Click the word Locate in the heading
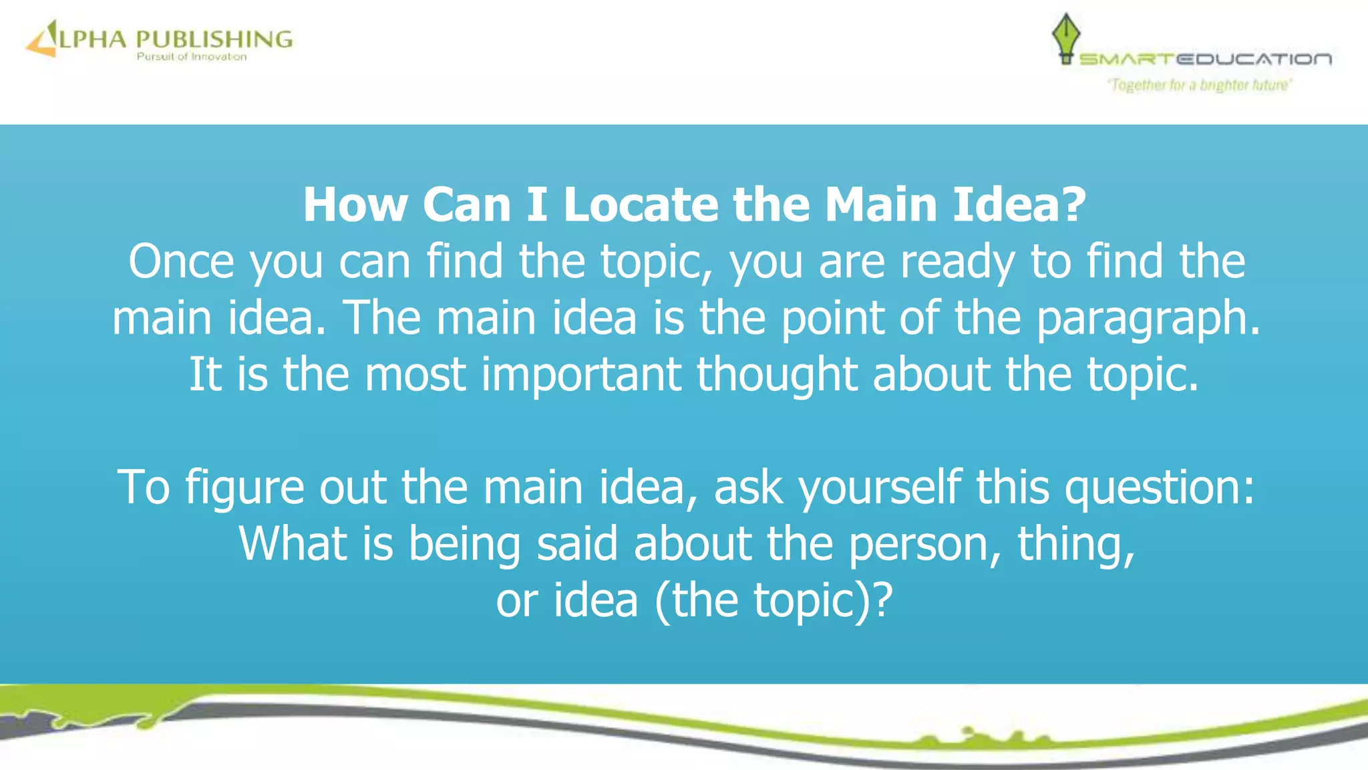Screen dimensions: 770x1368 pyautogui.click(x=640, y=205)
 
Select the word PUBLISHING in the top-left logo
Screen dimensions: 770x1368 pyautogui.click(x=214, y=39)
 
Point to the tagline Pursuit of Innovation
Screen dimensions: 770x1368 pyautogui.click(x=192, y=57)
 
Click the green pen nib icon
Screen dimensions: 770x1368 pyautogui.click(x=1066, y=37)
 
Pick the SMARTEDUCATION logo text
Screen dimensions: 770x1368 pyautogui.click(x=1205, y=59)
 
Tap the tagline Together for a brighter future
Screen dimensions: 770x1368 pyautogui.click(x=1200, y=85)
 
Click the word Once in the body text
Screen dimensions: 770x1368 pyautogui.click(x=181, y=261)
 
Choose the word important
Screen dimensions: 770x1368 pyautogui.click(x=581, y=374)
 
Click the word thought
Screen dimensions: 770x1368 pyautogui.click(x=777, y=374)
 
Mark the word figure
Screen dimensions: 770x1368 pyautogui.click(x=244, y=487)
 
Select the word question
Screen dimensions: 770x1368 pyautogui.click(x=1160, y=487)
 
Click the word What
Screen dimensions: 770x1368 pyautogui.click(x=293, y=543)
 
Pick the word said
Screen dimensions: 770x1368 pyautogui.click(x=577, y=543)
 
